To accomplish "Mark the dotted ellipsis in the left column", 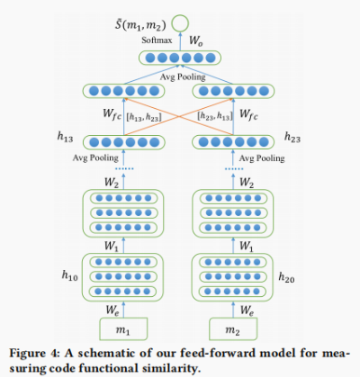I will pos(123,168).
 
